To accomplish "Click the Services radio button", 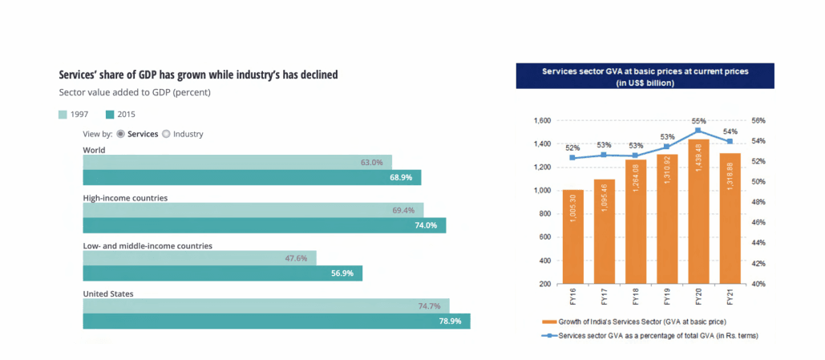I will pyautogui.click(x=121, y=134).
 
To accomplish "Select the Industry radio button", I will pyautogui.click(x=167, y=134).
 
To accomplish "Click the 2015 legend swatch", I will pyautogui.click(x=111, y=114).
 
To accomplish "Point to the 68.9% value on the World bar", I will pyautogui.click(x=401, y=177).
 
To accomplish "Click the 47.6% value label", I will pyautogui.click(x=296, y=258).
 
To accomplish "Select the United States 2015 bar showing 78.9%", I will pyautogui.click(x=276, y=321).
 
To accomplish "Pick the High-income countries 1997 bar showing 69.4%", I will pyautogui.click(x=253, y=210).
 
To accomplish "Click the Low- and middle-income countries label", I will pyautogui.click(x=148, y=246).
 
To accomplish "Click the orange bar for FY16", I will pyautogui.click(x=572, y=237).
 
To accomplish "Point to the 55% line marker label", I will pyautogui.click(x=698, y=120).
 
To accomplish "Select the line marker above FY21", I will pyautogui.click(x=730, y=142).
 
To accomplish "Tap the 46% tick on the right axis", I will pyautogui.click(x=758, y=222).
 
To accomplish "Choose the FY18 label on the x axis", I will pyautogui.click(x=636, y=298).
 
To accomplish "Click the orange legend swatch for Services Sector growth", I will pyautogui.click(x=548, y=322).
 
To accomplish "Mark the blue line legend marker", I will pyautogui.click(x=548, y=335).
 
